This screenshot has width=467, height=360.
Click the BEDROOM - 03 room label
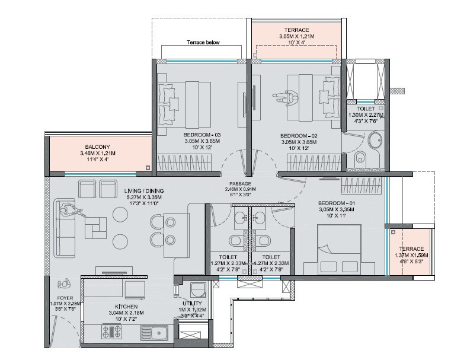tap(201, 135)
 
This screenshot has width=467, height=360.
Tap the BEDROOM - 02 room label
tap(298, 135)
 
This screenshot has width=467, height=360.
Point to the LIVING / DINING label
tap(145, 190)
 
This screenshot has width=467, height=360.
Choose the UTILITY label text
tap(192, 302)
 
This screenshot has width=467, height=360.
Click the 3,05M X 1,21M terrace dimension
tap(297, 36)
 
